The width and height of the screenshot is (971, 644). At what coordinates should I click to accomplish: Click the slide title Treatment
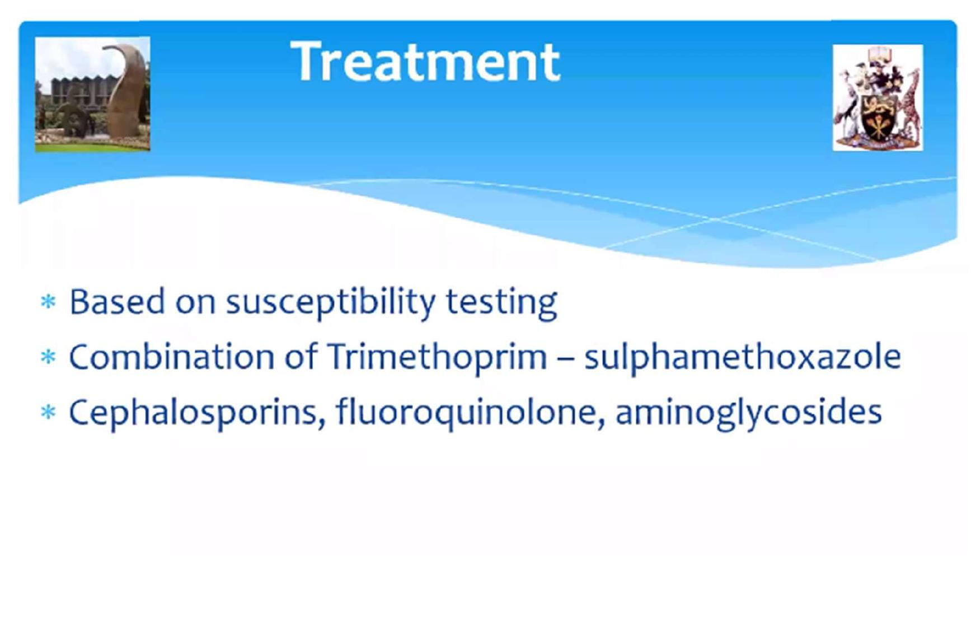[425, 61]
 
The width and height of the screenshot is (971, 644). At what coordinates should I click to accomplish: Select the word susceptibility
[330, 303]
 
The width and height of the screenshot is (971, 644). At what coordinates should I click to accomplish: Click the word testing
[501, 303]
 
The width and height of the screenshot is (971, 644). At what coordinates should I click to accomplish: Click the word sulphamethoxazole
[743, 357]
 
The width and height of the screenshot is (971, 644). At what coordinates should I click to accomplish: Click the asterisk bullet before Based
[49, 302]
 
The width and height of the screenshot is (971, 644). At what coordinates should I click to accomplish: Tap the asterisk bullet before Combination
[49, 357]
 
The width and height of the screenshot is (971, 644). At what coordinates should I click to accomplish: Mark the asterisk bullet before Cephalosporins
[49, 413]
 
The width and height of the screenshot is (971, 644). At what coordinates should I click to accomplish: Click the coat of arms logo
[878, 97]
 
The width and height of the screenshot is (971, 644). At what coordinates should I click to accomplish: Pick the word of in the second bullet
[301, 357]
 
